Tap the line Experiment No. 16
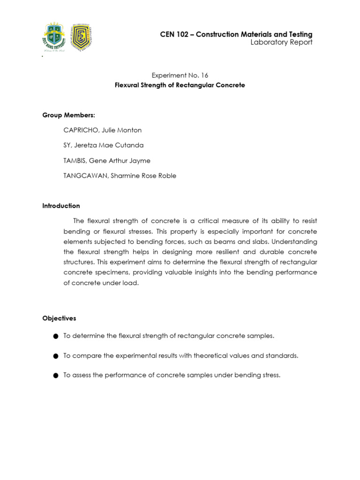coord(180,75)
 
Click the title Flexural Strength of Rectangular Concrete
coord(180,85)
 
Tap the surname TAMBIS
coord(75,161)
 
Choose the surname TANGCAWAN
coord(84,176)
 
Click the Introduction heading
coord(61,206)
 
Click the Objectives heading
coord(59,318)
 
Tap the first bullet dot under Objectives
coord(55,337)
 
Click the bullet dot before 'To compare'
coord(55,356)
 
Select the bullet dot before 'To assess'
coord(55,375)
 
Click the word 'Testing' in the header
coord(300,34)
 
